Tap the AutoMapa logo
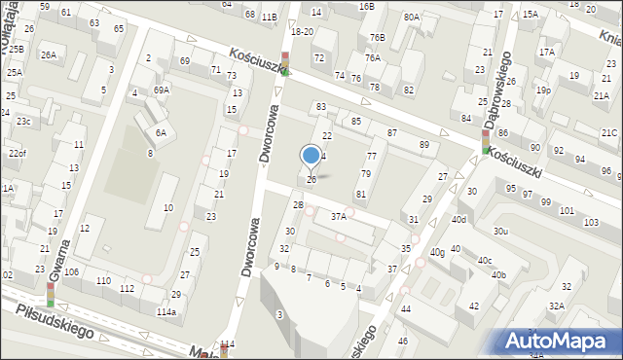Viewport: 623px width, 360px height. (x=560, y=341)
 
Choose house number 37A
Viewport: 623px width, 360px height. (x=338, y=216)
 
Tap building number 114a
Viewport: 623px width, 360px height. (x=166, y=311)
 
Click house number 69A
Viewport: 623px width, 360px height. (x=162, y=90)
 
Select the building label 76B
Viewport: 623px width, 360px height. (x=377, y=37)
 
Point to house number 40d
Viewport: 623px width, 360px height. (x=459, y=219)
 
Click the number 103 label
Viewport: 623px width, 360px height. (x=591, y=223)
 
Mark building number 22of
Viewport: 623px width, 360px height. (x=17, y=154)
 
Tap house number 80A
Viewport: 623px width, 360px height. (x=412, y=17)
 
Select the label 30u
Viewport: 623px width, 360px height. (x=500, y=231)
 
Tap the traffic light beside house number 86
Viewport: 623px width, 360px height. (x=486, y=143)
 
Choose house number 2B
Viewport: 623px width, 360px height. (x=298, y=205)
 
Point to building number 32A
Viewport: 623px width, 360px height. (x=555, y=306)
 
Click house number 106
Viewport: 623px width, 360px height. (x=71, y=271)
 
